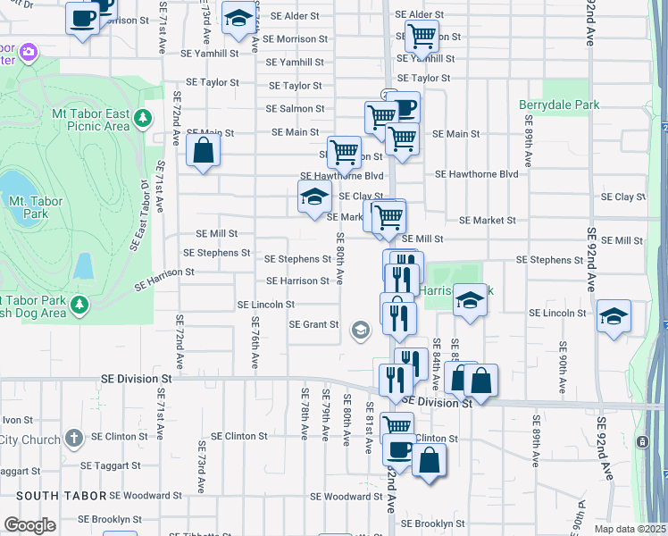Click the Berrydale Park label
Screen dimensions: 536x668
pyautogui.click(x=559, y=105)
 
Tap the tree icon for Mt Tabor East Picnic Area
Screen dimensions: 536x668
pyautogui.click(x=142, y=118)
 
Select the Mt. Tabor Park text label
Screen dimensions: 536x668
pyautogui.click(x=32, y=207)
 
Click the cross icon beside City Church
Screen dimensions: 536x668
pyautogui.click(x=74, y=438)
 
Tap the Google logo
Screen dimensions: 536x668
pyautogui.click(x=29, y=525)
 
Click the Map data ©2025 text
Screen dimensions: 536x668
pyautogui.click(x=630, y=529)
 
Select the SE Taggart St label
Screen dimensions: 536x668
pyautogui.click(x=110, y=465)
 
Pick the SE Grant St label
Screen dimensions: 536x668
pyautogui.click(x=313, y=324)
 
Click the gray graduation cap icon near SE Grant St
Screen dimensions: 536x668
pyautogui.click(x=360, y=331)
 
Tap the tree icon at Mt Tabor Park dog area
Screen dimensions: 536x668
pyautogui.click(x=79, y=306)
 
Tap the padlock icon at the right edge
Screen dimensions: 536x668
pyautogui.click(x=642, y=441)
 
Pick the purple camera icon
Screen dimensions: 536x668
pyautogui.click(x=29, y=53)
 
